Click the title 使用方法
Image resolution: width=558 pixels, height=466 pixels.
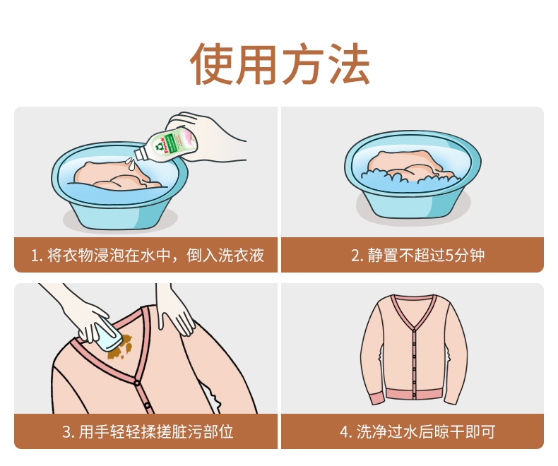[x=280, y=64]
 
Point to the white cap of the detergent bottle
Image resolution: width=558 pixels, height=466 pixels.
[x=141, y=154]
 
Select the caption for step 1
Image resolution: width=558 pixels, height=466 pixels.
[x=148, y=255]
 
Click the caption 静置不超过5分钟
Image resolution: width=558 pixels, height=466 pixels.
[x=418, y=255]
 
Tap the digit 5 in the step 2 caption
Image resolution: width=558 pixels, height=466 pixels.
[x=449, y=256]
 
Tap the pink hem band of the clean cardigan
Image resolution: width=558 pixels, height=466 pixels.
[x=414, y=395]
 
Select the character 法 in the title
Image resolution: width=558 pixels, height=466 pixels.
[x=349, y=64]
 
